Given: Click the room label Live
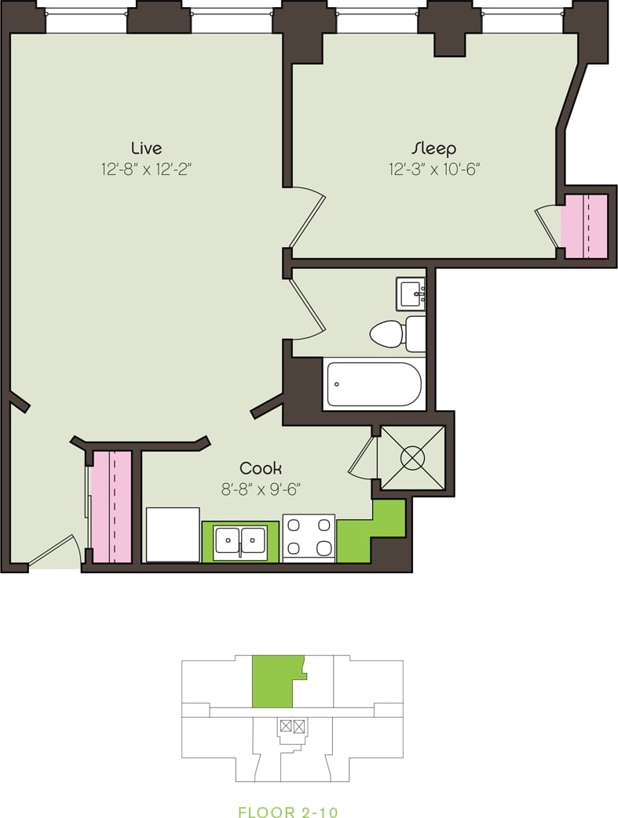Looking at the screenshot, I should tap(146, 148).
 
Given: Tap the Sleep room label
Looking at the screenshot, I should tap(433, 148).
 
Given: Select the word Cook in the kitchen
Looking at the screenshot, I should tap(261, 468).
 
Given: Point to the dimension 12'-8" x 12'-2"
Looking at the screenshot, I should tap(146, 169).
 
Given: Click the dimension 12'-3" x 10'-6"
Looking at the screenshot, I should tap(433, 169).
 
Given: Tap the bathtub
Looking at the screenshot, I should tap(374, 384).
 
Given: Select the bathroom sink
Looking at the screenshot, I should tap(411, 294).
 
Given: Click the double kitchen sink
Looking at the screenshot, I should tap(241, 540).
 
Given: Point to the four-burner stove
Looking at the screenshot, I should tap(309, 538).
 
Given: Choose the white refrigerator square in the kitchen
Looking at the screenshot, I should tap(173, 534).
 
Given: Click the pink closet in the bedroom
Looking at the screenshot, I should tap(585, 225).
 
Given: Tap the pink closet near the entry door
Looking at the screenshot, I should tap(111, 506).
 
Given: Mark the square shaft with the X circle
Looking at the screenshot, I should tap(413, 457).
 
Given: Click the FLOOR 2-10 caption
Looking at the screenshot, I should tap(288, 813).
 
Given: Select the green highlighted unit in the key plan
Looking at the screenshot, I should tap(274, 682).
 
